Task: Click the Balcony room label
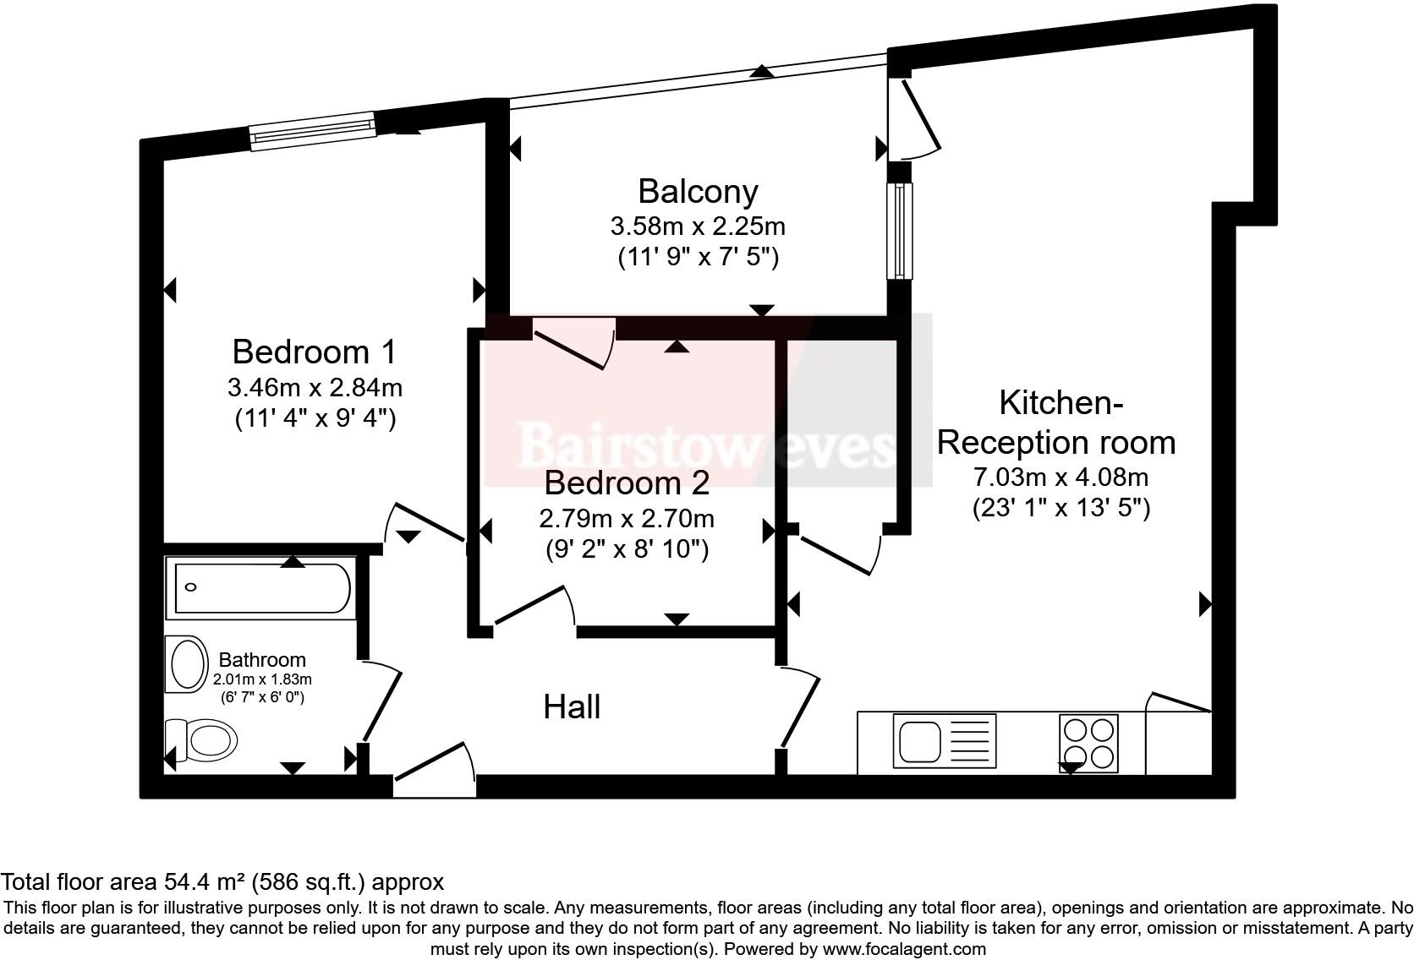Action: coord(698,192)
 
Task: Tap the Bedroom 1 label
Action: coord(315,352)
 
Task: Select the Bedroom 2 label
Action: coord(627,483)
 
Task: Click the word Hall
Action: coord(572,706)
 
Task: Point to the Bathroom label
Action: coord(262,660)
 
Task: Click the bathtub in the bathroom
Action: coord(261,588)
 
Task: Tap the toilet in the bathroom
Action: coord(201,740)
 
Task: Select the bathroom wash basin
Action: coord(187,664)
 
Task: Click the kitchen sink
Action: coord(945,741)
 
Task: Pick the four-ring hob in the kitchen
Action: coord(1089,743)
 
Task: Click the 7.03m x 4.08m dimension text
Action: coord(1060,477)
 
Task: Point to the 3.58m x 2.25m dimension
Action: coord(698,226)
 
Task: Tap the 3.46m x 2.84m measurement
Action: coord(315,387)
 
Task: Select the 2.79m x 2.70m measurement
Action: coord(626,519)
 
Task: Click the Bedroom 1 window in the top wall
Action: coord(312,131)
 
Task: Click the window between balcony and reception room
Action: coord(900,231)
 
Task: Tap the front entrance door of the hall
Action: coord(435,770)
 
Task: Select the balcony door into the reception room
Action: coord(914,119)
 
